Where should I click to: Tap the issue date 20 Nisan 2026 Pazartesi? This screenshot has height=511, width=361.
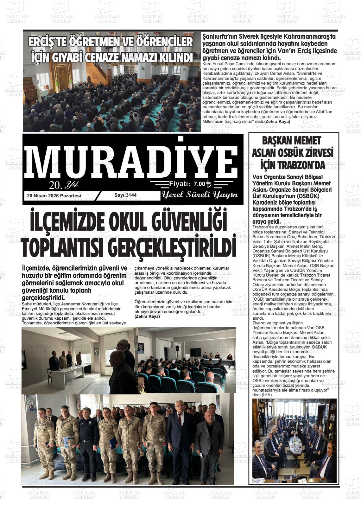54,196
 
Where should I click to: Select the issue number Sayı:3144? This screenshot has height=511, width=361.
125,195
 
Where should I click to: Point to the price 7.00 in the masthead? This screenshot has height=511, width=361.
199,184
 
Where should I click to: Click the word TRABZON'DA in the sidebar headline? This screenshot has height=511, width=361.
293,165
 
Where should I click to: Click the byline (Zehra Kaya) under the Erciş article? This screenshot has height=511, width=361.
277,121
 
